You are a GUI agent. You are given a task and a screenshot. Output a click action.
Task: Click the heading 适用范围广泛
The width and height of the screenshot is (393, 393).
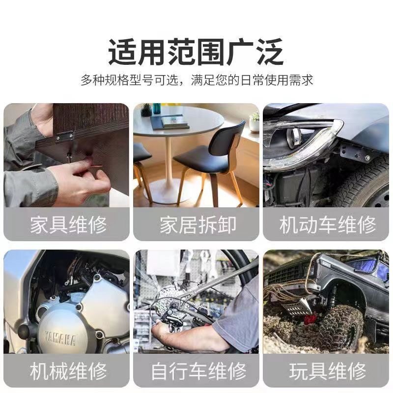[x=196, y=52]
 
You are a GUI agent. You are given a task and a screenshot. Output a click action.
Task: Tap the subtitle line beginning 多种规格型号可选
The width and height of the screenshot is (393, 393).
[x=197, y=80]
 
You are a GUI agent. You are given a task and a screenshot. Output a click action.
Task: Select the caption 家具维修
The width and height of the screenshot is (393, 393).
[x=68, y=225]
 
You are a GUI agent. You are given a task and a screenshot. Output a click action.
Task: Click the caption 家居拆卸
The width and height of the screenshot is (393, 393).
[x=198, y=225]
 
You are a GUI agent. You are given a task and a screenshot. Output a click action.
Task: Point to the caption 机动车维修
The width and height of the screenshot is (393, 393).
[x=328, y=225]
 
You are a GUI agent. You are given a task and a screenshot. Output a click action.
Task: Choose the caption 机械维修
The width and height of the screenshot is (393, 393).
[x=68, y=371]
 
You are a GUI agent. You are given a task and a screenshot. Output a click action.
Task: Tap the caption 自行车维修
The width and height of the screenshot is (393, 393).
[x=198, y=371]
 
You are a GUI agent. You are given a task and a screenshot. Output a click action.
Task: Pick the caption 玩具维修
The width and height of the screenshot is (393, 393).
[x=328, y=371]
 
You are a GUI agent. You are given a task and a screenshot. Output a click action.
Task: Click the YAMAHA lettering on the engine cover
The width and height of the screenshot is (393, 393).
[x=60, y=337]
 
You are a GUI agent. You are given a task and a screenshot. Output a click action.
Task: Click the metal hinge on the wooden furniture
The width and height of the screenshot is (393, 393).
[x=65, y=136]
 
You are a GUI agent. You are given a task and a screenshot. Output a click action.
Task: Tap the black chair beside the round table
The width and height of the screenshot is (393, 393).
[x=210, y=161]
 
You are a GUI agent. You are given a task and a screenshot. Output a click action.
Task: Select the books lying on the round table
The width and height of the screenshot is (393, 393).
[x=170, y=122]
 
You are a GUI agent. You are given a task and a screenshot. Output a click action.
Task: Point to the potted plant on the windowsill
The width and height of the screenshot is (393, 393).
[x=254, y=122]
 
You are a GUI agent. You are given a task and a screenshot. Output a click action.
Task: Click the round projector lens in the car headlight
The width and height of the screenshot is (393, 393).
[x=293, y=137]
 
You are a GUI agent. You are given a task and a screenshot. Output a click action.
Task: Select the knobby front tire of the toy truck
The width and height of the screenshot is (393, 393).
[x=342, y=326]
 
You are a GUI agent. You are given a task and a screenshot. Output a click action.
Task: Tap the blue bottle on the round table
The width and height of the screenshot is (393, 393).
[x=156, y=109]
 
